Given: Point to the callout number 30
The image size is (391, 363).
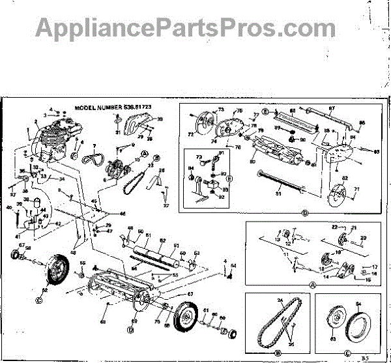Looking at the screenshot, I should click(160, 119).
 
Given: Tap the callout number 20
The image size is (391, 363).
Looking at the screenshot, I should click(364, 238).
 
